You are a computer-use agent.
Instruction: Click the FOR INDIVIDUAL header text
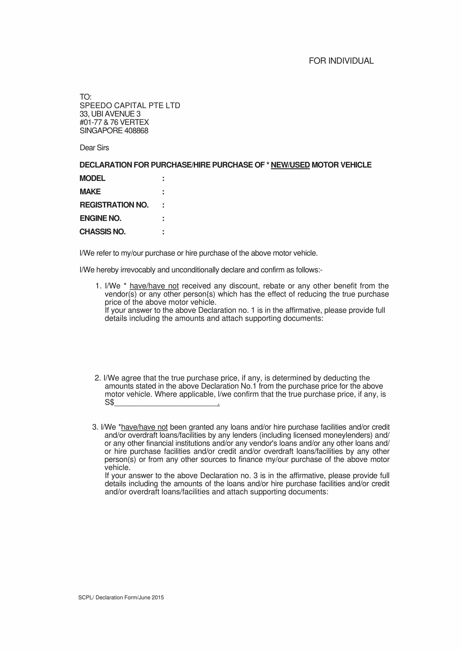[341, 61]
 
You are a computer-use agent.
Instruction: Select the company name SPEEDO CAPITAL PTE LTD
[130, 106]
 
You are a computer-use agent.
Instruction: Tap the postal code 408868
[136, 131]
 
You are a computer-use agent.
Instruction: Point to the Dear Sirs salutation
[94, 148]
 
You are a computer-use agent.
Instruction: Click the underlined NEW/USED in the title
[290, 165]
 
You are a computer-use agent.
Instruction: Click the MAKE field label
[90, 192]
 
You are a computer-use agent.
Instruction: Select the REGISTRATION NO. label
[114, 205]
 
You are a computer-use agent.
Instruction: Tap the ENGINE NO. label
[101, 218]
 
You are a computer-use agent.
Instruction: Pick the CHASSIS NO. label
[103, 232]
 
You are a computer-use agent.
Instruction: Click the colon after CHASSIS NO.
[163, 232]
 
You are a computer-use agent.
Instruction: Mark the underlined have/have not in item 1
[154, 286]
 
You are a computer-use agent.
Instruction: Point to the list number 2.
[97, 378]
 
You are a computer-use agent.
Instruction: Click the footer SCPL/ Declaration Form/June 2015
[121, 597]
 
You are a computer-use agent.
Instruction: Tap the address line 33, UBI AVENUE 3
[110, 114]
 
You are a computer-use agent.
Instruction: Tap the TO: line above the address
[86, 97]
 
